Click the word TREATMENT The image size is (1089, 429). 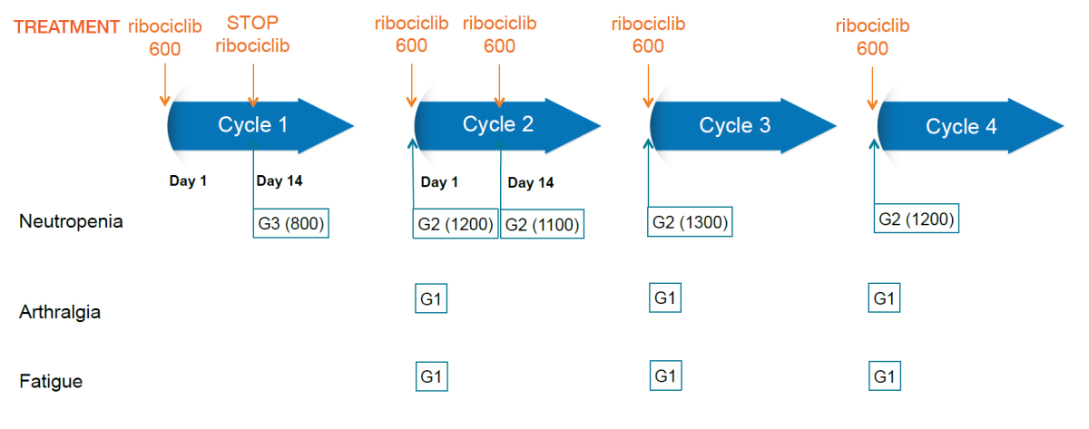[x=66, y=26]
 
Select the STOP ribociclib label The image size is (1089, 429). [x=252, y=34]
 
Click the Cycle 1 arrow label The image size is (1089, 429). [x=252, y=125]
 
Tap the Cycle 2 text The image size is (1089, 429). [x=498, y=124]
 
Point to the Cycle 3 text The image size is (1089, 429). [x=734, y=125]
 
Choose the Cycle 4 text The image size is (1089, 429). [x=961, y=126]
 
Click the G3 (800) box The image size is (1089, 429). [x=290, y=223]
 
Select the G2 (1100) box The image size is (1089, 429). [x=542, y=224]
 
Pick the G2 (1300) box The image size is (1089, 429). [x=690, y=222]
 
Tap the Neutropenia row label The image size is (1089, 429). [x=71, y=221]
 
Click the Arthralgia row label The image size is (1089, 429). [x=60, y=312]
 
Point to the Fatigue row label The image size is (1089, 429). [x=51, y=382]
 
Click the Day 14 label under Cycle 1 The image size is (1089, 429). [x=280, y=181]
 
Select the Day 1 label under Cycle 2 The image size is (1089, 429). [x=439, y=182]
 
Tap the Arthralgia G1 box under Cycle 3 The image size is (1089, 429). [x=665, y=297]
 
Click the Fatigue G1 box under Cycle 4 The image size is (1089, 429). [x=885, y=376]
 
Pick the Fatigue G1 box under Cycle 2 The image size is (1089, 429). [x=432, y=376]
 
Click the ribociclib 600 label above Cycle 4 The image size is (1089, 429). [x=872, y=37]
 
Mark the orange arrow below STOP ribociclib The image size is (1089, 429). [x=253, y=85]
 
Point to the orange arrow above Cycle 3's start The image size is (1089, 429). [x=648, y=86]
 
